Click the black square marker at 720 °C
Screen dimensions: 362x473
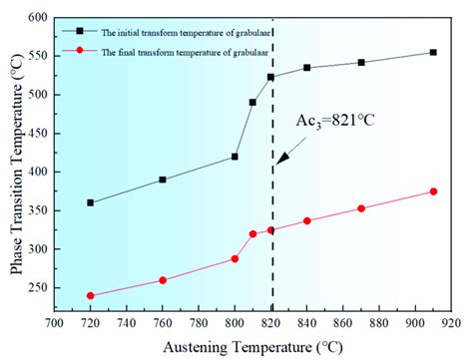91,202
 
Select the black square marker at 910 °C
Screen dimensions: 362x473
433,53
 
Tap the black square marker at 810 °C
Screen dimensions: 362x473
252,102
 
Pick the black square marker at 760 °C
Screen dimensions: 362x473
163,180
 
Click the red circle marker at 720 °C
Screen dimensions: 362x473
91,295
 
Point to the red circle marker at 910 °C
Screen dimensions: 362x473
433,191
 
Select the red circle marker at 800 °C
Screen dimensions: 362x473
235,258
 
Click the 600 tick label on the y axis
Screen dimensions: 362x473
36,18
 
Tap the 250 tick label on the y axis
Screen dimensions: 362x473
36,288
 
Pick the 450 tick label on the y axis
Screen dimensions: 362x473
36,134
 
